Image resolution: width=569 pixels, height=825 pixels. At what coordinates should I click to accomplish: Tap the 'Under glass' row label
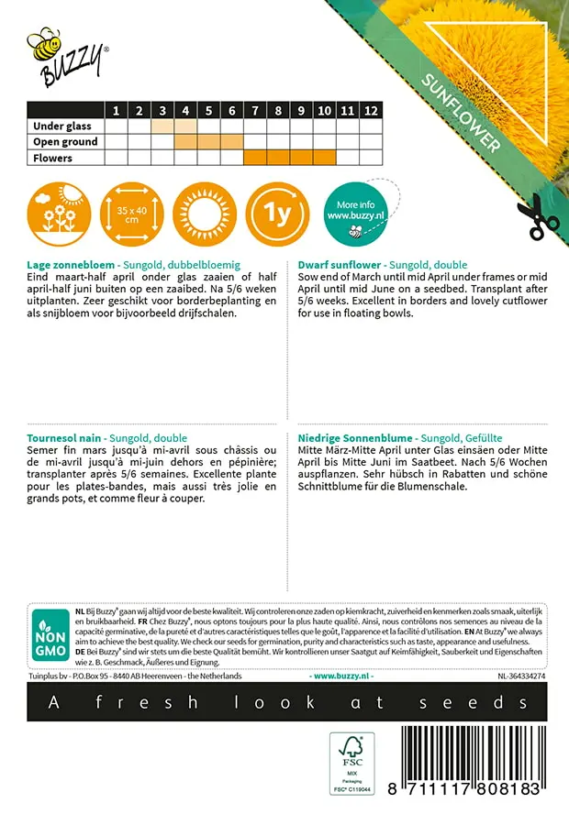pos(61,126)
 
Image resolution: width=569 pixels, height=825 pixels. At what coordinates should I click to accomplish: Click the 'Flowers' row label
pos(52,158)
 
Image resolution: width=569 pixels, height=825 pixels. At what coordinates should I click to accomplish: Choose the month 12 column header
pos(370,111)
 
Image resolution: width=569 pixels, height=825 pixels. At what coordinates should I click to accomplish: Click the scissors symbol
pos(537,216)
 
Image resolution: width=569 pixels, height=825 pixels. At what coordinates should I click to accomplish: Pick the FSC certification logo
pos(353,764)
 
